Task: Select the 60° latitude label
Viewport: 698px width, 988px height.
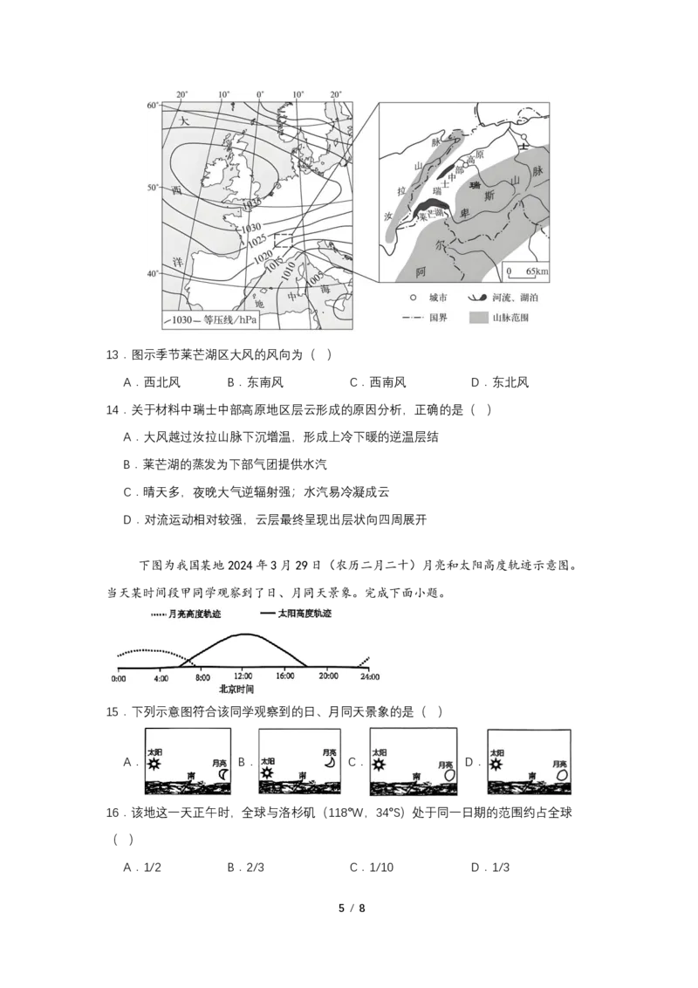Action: click(x=153, y=106)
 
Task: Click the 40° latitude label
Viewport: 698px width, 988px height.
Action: click(x=153, y=274)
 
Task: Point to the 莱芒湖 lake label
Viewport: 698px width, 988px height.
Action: click(x=431, y=214)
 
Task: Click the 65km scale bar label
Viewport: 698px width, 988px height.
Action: click(x=533, y=271)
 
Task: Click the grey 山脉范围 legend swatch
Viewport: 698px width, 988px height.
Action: click(x=477, y=318)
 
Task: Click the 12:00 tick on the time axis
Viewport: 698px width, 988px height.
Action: click(x=243, y=676)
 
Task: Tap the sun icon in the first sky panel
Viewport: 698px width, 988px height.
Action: click(x=154, y=764)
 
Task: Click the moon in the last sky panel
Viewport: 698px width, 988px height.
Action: click(x=561, y=773)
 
